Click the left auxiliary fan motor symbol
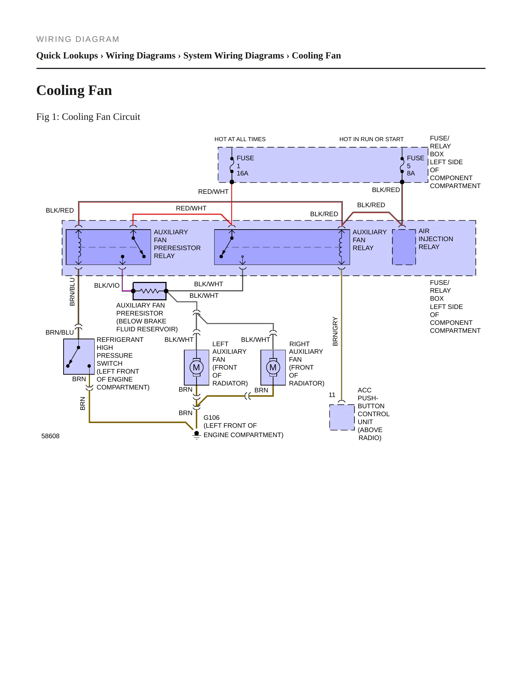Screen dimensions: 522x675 point(197,367)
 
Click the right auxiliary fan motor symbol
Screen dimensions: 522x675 point(273,367)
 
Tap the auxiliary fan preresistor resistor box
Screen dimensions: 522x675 point(150,291)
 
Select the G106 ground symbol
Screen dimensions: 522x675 point(197,435)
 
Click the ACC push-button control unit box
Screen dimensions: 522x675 point(342,417)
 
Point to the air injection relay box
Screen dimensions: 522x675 point(404,247)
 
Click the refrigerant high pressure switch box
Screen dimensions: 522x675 point(79,357)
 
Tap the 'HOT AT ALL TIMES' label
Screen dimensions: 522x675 point(240,139)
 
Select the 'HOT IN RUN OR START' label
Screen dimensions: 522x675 point(371,139)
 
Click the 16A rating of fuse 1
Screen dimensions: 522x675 point(242,173)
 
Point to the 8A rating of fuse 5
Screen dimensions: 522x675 point(411,173)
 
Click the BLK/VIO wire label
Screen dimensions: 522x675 point(107,286)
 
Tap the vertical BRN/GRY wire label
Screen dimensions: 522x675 point(335,331)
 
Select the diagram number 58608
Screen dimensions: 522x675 point(50,436)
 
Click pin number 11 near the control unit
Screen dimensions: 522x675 point(332,395)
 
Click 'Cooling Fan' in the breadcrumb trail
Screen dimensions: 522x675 point(316,56)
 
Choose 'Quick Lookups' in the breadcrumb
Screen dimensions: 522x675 point(67,56)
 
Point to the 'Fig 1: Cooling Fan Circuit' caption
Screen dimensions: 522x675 point(88,117)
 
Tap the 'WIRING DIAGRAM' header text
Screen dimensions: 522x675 point(78,39)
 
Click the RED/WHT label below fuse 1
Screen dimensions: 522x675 point(213,192)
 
